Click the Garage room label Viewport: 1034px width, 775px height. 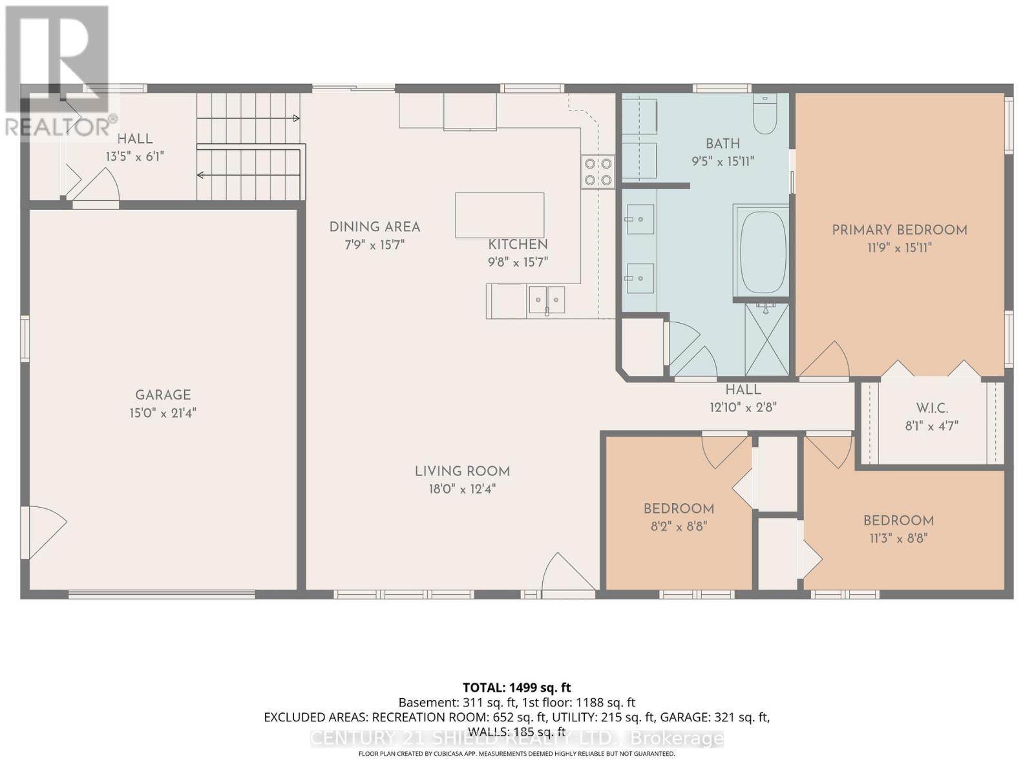(x=163, y=395)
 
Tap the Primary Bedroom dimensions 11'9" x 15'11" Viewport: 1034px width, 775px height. (x=899, y=247)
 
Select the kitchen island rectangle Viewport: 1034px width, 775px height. (x=499, y=215)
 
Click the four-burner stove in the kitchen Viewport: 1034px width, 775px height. (x=598, y=172)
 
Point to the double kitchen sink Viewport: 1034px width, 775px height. (x=547, y=300)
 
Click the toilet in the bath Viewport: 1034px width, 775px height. (x=765, y=114)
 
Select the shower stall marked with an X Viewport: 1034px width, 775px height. (x=767, y=339)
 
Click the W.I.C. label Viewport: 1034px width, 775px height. (x=932, y=408)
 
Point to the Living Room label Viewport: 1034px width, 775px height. (x=462, y=471)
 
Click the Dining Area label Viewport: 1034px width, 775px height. (x=375, y=227)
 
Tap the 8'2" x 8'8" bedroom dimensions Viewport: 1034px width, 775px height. (x=679, y=526)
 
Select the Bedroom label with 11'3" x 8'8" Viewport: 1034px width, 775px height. (x=898, y=521)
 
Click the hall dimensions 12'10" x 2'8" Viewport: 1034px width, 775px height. (x=743, y=408)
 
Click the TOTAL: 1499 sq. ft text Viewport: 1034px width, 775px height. (x=516, y=688)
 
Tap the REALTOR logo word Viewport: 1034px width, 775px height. (x=58, y=127)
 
